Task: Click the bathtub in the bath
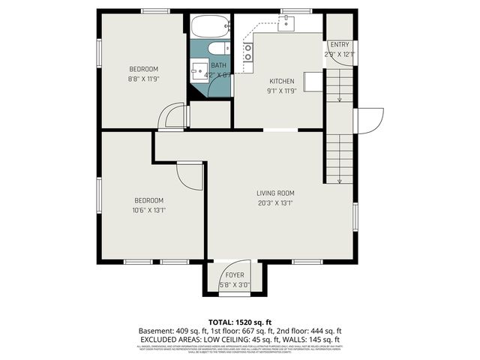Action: click(x=208, y=28)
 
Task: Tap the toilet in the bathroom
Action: click(x=218, y=49)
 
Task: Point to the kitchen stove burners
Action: click(x=247, y=52)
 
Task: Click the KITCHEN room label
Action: click(x=281, y=81)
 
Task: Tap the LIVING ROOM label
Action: click(x=275, y=193)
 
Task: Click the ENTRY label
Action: click(x=339, y=45)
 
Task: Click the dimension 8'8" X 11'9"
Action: click(x=142, y=78)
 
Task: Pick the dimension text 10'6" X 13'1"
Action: click(x=148, y=210)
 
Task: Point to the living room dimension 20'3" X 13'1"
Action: click(x=275, y=202)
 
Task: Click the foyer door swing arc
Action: click(x=223, y=270)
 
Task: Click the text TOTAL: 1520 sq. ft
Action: click(x=240, y=320)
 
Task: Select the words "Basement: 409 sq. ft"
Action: click(x=169, y=331)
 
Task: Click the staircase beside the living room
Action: click(x=338, y=157)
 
